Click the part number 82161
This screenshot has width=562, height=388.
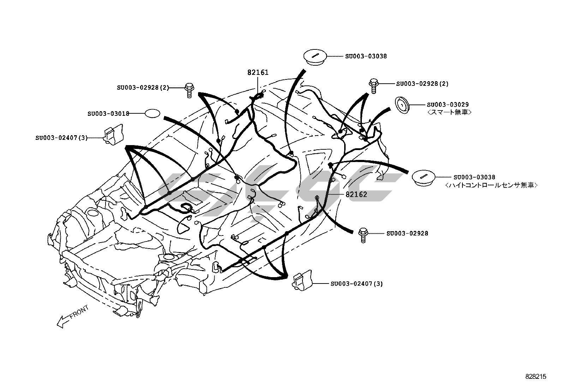258,72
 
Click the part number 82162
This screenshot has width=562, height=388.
356,194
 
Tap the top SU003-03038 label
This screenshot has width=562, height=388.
366,56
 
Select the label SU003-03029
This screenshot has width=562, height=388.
448,105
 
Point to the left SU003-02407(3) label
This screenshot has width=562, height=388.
61,137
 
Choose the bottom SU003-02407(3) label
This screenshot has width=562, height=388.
357,283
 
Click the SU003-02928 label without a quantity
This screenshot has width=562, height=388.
407,233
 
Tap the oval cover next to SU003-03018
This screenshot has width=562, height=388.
153,113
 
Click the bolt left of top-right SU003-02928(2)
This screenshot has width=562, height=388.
373,85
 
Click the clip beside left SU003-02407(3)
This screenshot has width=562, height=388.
113,134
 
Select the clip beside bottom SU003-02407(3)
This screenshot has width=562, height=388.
302,281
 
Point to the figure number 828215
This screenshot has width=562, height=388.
536,377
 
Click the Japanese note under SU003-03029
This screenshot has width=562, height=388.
449,112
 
